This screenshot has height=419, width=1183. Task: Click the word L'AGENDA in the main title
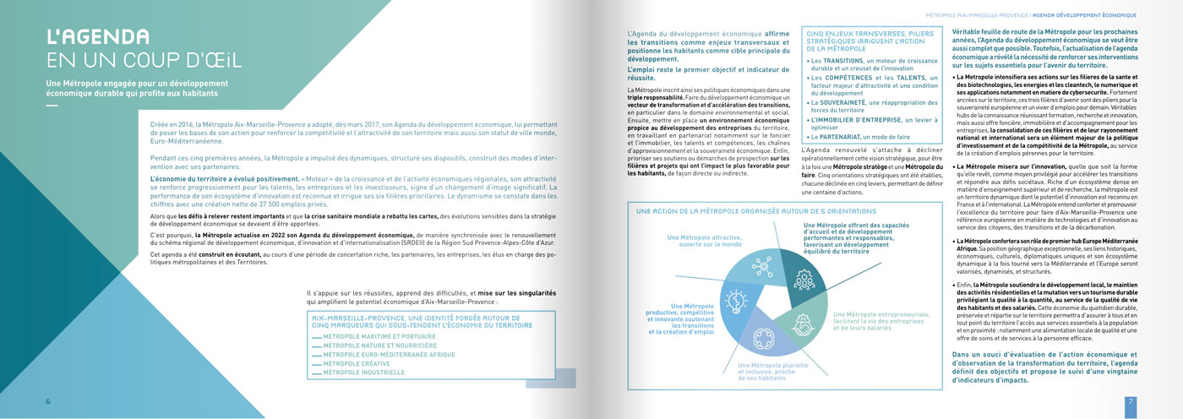pyautogui.click(x=98, y=36)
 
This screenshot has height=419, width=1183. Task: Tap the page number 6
pyautogui.click(x=48, y=401)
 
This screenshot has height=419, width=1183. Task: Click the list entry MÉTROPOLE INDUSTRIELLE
pyautogui.click(x=358, y=371)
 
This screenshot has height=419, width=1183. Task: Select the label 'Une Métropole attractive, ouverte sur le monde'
pyautogui.click(x=697, y=242)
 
